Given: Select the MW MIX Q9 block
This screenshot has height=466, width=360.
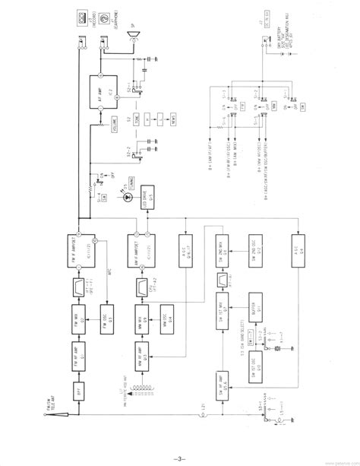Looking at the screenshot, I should point(142,312).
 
